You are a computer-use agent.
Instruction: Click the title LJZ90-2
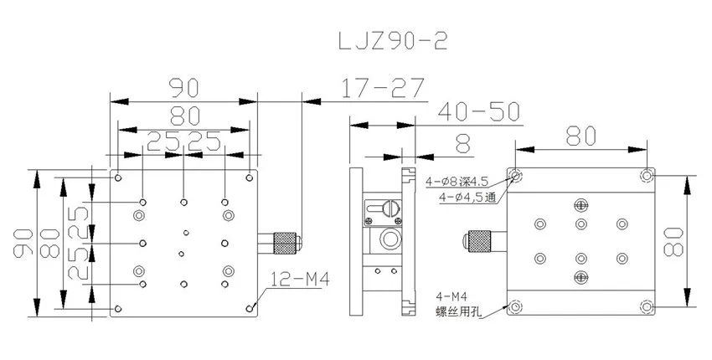(393, 41)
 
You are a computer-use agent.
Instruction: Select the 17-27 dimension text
(382, 88)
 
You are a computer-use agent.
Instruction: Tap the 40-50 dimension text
(478, 111)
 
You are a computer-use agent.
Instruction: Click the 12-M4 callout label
(300, 279)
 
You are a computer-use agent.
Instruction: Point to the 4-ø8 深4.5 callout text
(457, 182)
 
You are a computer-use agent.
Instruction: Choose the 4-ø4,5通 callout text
(467, 198)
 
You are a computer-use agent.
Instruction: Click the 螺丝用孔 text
(460, 312)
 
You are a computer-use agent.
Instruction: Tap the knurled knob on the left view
(284, 243)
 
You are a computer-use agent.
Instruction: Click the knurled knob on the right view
(479, 241)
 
